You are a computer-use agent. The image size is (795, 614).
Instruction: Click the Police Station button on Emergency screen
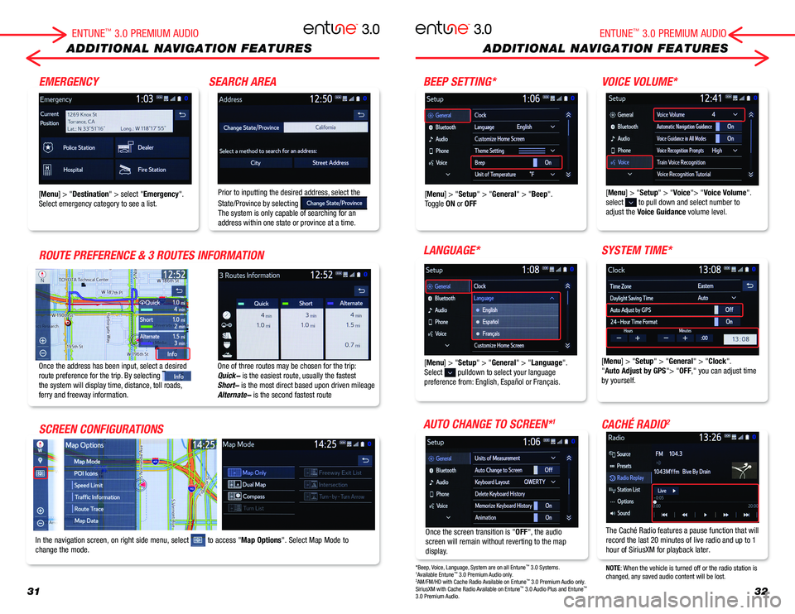coord(76,147)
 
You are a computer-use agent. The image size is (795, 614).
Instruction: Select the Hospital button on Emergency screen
coord(76,170)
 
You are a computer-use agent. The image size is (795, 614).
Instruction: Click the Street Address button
coord(330,163)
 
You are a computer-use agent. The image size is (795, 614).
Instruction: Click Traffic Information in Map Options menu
coord(97,497)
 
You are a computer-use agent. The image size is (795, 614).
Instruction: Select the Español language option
coord(513,322)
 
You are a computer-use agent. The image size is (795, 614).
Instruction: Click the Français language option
coord(513,333)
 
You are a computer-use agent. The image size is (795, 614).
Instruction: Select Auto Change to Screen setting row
coord(513,470)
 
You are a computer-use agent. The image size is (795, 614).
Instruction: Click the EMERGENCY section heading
coord(69,81)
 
